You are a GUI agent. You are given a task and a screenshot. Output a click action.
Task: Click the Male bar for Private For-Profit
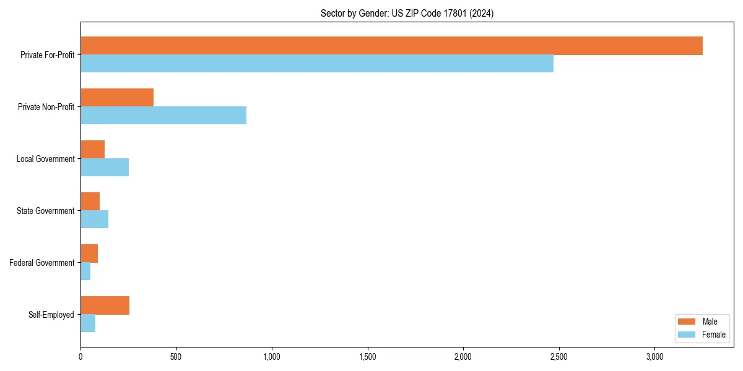tap(391, 46)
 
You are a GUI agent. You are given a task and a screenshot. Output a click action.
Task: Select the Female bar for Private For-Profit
tap(317, 64)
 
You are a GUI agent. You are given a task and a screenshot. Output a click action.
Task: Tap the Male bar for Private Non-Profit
tap(117, 98)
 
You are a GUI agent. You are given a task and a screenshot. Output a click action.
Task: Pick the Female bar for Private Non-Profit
tap(163, 116)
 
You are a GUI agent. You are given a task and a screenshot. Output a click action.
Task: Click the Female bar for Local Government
tap(105, 168)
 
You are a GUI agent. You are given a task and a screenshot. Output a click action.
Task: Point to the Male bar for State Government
tap(90, 202)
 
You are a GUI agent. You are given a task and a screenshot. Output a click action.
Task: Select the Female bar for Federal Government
tap(85, 271)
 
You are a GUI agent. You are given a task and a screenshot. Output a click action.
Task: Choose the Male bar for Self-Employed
tap(105, 305)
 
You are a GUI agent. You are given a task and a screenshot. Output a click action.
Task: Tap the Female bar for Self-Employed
tap(88, 323)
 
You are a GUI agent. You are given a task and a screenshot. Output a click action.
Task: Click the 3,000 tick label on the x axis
tap(654, 357)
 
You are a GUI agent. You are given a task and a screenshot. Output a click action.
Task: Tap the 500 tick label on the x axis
tap(176, 357)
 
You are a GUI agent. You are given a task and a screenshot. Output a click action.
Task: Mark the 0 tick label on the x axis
tap(80, 357)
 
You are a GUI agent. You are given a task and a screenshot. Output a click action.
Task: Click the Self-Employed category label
tap(51, 315)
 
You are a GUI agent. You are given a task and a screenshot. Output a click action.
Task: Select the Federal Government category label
tap(42, 263)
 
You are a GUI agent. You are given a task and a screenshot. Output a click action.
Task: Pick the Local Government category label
tap(45, 159)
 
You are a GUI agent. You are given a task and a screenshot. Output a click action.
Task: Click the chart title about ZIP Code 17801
tap(407, 13)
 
